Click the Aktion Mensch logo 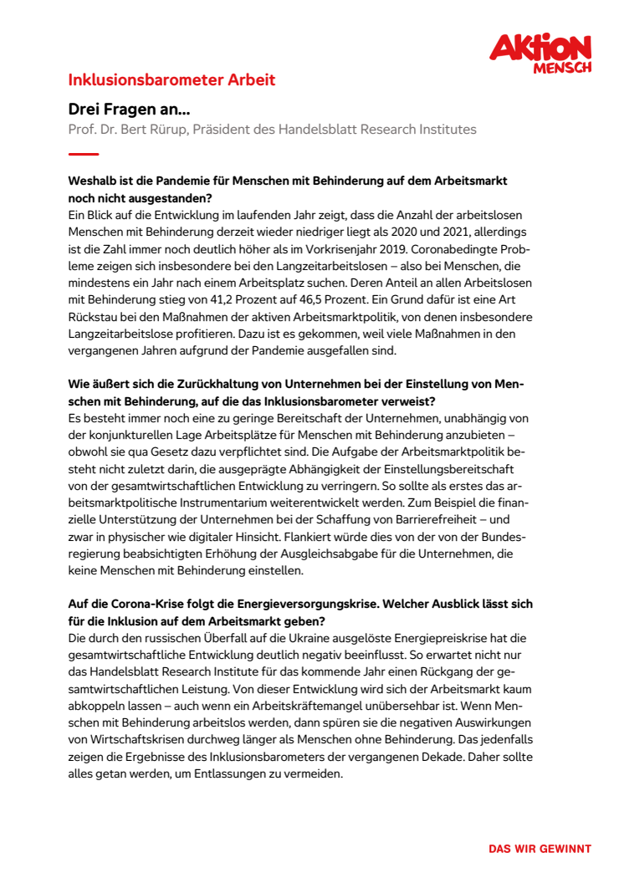click(540, 53)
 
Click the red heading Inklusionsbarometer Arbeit click(171, 80)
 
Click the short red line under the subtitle click(84, 154)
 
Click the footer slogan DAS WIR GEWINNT click(540, 849)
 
